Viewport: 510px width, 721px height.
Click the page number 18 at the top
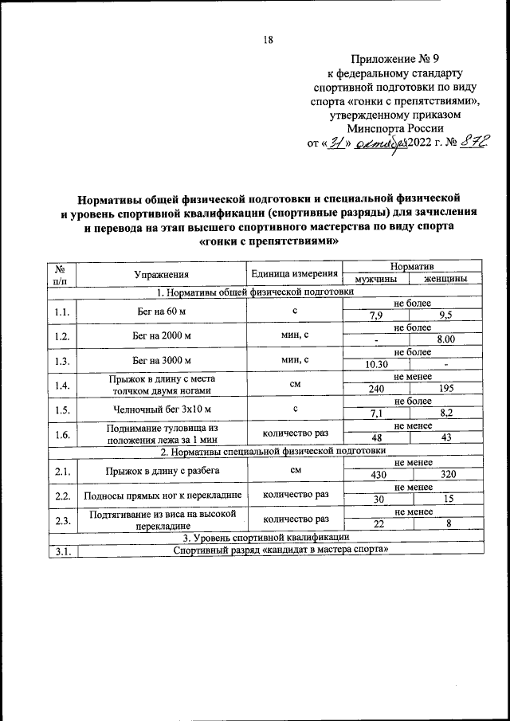(x=269, y=40)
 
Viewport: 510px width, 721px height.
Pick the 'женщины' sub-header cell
(x=445, y=280)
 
